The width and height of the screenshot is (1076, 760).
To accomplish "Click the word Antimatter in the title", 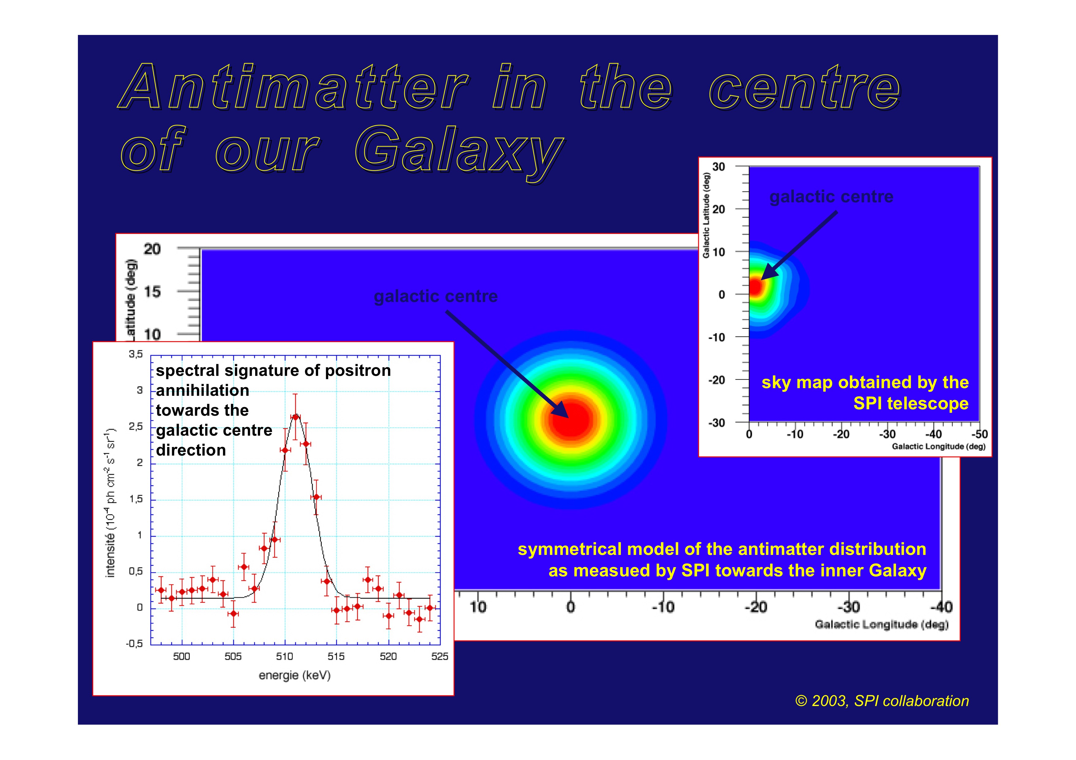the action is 293,87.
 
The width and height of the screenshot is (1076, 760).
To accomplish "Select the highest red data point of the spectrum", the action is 295,417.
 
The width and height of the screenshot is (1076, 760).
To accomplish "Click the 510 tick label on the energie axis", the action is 284,656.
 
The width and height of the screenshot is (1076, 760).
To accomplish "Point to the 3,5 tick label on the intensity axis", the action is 136,354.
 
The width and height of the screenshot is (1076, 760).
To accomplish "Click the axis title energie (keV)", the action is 295,676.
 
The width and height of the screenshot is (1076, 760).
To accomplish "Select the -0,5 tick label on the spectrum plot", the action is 134,644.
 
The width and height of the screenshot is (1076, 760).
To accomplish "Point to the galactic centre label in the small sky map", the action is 831,197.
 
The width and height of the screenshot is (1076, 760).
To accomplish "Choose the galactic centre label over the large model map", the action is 436,296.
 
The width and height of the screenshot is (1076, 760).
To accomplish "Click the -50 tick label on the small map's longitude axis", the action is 979,434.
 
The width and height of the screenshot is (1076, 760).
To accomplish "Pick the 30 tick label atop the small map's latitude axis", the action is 718,167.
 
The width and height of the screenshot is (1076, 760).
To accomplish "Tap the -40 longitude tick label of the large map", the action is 941,607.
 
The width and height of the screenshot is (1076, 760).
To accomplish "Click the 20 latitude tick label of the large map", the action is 152,249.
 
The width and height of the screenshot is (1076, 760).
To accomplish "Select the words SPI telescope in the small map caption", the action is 911,404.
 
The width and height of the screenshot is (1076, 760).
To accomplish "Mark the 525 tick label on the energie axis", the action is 440,656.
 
